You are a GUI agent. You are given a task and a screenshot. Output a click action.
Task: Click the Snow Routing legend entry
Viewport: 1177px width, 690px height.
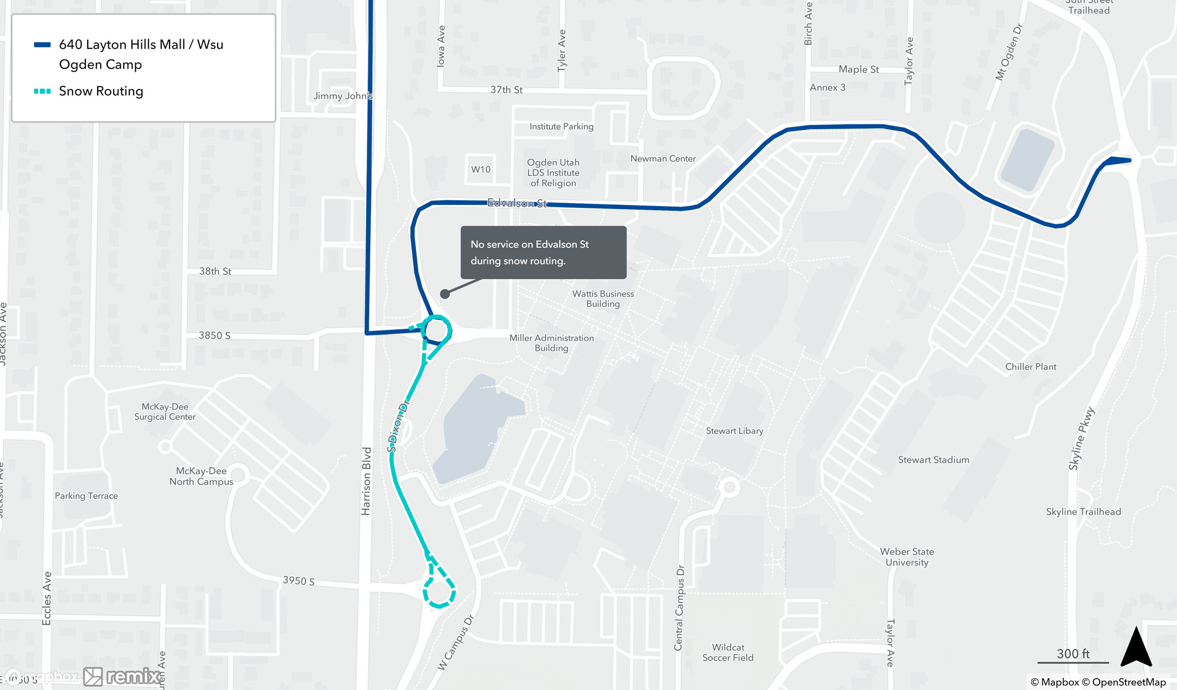tap(101, 91)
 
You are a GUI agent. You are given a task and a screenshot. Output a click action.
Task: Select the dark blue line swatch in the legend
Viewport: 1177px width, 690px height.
tap(42, 45)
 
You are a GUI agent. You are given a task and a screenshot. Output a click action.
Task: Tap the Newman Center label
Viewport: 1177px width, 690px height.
tap(663, 158)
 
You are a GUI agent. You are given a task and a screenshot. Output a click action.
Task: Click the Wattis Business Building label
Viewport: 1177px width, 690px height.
tap(603, 298)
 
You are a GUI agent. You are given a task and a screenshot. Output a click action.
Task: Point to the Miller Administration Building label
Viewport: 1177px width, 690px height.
tap(551, 343)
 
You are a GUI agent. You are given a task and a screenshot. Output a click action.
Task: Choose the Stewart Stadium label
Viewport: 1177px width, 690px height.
tap(933, 460)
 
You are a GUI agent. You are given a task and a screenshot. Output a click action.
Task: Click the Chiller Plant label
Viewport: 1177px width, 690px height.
tap(1030, 366)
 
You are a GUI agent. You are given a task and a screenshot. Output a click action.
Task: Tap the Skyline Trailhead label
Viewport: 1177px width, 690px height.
tap(1083, 512)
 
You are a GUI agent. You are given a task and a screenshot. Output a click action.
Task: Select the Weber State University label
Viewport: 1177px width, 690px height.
tap(907, 557)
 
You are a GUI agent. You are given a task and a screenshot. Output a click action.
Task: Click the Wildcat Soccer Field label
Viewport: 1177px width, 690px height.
tap(728, 652)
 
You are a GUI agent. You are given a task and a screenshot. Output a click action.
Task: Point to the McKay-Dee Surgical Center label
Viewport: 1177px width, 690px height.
tap(165, 412)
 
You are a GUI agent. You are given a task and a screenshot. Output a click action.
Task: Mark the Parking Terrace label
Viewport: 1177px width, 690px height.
tap(87, 496)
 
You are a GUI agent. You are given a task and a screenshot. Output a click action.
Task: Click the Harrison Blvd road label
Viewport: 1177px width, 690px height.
tap(366, 481)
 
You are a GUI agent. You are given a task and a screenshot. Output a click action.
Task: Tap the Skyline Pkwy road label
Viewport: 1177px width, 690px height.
tap(1081, 439)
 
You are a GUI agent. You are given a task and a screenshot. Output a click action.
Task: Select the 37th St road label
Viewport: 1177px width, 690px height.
tap(506, 89)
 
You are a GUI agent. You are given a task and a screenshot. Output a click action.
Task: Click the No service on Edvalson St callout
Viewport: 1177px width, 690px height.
tap(543, 253)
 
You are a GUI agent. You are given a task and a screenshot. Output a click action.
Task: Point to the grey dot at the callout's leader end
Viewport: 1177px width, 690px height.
tap(445, 294)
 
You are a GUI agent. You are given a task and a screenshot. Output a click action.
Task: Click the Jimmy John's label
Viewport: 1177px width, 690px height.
tap(343, 96)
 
